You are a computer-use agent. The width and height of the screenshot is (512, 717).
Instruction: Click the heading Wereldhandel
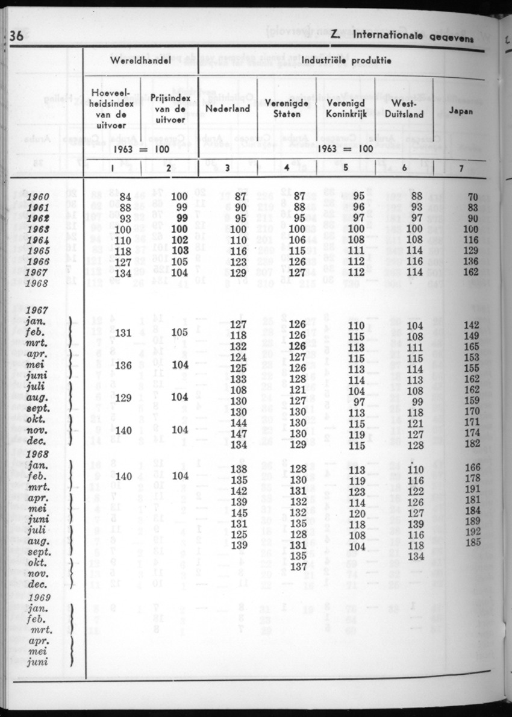(140, 61)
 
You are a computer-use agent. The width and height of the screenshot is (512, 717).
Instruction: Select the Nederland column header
(228, 109)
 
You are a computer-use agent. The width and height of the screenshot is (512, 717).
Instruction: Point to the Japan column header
(461, 111)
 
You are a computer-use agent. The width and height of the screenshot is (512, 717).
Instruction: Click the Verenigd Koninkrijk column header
(346, 109)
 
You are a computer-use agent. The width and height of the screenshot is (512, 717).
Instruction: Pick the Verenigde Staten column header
(287, 109)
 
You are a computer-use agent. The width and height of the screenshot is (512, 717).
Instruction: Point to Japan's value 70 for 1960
(472, 196)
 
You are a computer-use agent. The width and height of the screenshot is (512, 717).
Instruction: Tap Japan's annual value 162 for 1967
(470, 273)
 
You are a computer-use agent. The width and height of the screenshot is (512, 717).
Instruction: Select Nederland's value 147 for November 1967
(240, 434)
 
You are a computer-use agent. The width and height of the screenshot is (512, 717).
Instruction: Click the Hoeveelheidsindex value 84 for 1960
(125, 196)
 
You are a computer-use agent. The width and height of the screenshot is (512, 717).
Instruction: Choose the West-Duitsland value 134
(416, 556)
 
